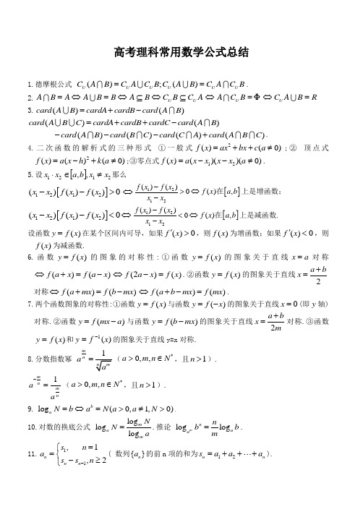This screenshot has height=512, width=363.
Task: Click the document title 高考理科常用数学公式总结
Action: (181, 52)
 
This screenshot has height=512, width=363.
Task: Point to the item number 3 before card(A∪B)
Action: (27, 109)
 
